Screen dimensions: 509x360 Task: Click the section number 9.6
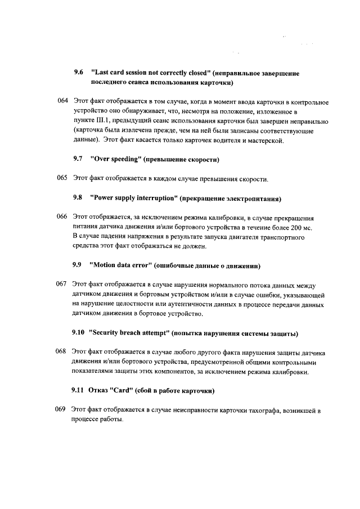[x=78, y=73]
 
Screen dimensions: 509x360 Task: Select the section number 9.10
[x=78, y=333]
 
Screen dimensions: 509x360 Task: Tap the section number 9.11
[x=77, y=391]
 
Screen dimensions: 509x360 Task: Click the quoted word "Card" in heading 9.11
[x=120, y=391]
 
